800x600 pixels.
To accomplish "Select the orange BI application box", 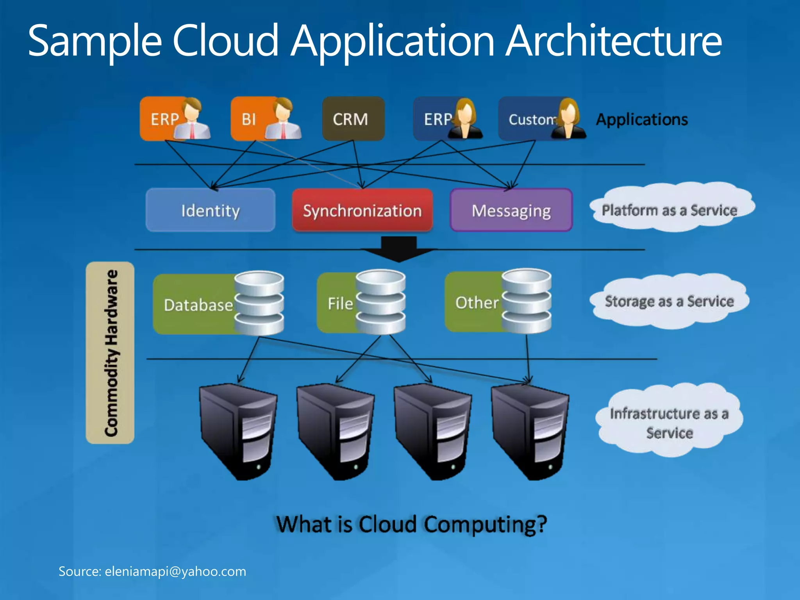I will pos(248,119).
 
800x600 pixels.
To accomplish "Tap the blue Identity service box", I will pos(210,210).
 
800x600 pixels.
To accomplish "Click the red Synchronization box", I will pos(362,210).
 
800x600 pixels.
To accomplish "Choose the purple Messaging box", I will pos(511,210).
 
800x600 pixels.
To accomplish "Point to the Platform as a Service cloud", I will pos(669,209).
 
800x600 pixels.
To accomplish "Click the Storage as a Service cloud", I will pos(669,301).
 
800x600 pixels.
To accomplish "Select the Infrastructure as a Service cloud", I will pos(669,422).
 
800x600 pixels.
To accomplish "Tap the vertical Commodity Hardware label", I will pos(111,353).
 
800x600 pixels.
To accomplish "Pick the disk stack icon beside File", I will pos(380,302).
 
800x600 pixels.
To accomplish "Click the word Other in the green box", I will pos(477,302).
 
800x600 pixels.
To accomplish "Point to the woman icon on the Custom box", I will pos(569,119).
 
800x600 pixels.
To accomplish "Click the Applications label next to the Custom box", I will pos(641,119).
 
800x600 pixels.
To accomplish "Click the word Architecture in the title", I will pos(613,41).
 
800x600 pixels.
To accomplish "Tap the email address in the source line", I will pos(175,571).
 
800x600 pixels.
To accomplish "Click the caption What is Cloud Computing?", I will pos(411,524).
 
